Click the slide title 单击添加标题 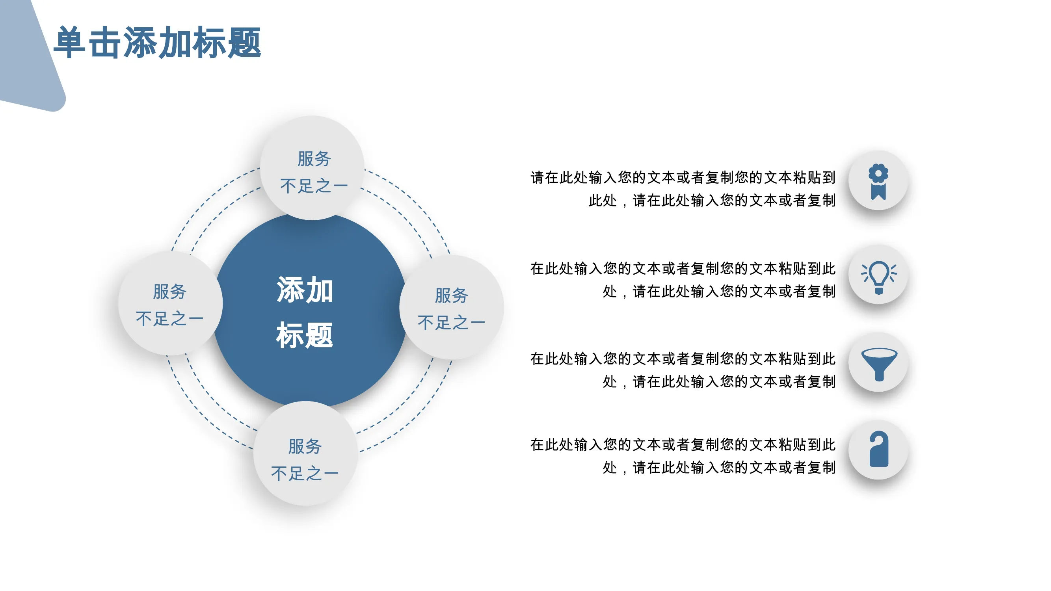pyautogui.click(x=158, y=43)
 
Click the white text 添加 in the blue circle pyautogui.click(x=305, y=290)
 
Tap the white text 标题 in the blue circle pyautogui.click(x=305, y=335)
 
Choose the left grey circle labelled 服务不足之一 pyautogui.click(x=170, y=303)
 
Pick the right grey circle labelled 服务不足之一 pyautogui.click(x=452, y=307)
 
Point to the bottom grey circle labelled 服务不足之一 pyautogui.click(x=305, y=453)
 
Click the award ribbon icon pyautogui.click(x=878, y=182)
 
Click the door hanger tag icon pyautogui.click(x=879, y=449)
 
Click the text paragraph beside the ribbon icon pyautogui.click(x=683, y=189)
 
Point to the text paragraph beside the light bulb pyautogui.click(x=683, y=280)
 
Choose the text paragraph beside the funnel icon pyautogui.click(x=683, y=370)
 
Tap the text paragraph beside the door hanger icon pyautogui.click(x=683, y=456)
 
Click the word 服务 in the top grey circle pyautogui.click(x=314, y=159)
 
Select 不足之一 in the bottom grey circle pyautogui.click(x=305, y=474)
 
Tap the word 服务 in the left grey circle pyautogui.click(x=170, y=292)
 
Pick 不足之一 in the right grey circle pyautogui.click(x=451, y=323)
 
